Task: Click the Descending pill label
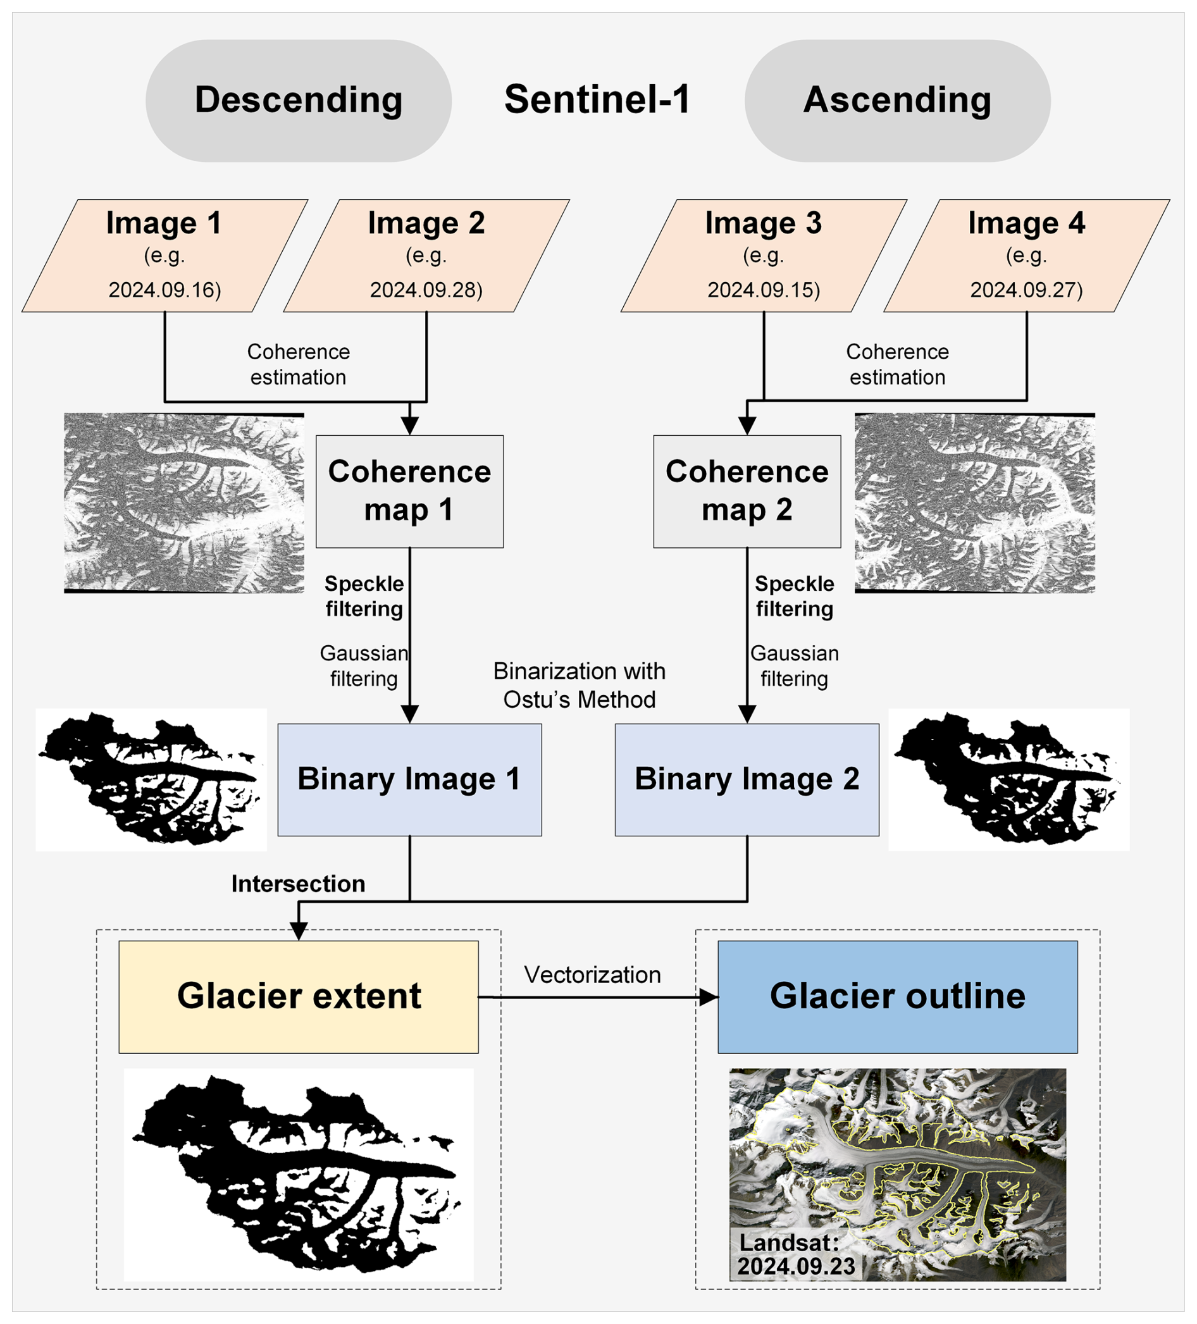(298, 101)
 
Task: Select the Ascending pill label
(896, 101)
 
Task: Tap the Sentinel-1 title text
(597, 100)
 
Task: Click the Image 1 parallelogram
(164, 255)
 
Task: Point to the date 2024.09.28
(426, 290)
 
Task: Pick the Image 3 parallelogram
(764, 255)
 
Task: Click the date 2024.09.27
(1026, 290)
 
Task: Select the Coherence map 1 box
(409, 492)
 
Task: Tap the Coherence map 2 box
(747, 492)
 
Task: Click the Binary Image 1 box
(409, 779)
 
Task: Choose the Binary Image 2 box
(747, 779)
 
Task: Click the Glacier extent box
(298, 996)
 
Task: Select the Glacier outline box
(896, 996)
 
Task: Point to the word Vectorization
(592, 975)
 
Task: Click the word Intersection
(297, 884)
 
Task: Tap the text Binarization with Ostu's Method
(579, 685)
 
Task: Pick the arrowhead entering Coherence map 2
(747, 426)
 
